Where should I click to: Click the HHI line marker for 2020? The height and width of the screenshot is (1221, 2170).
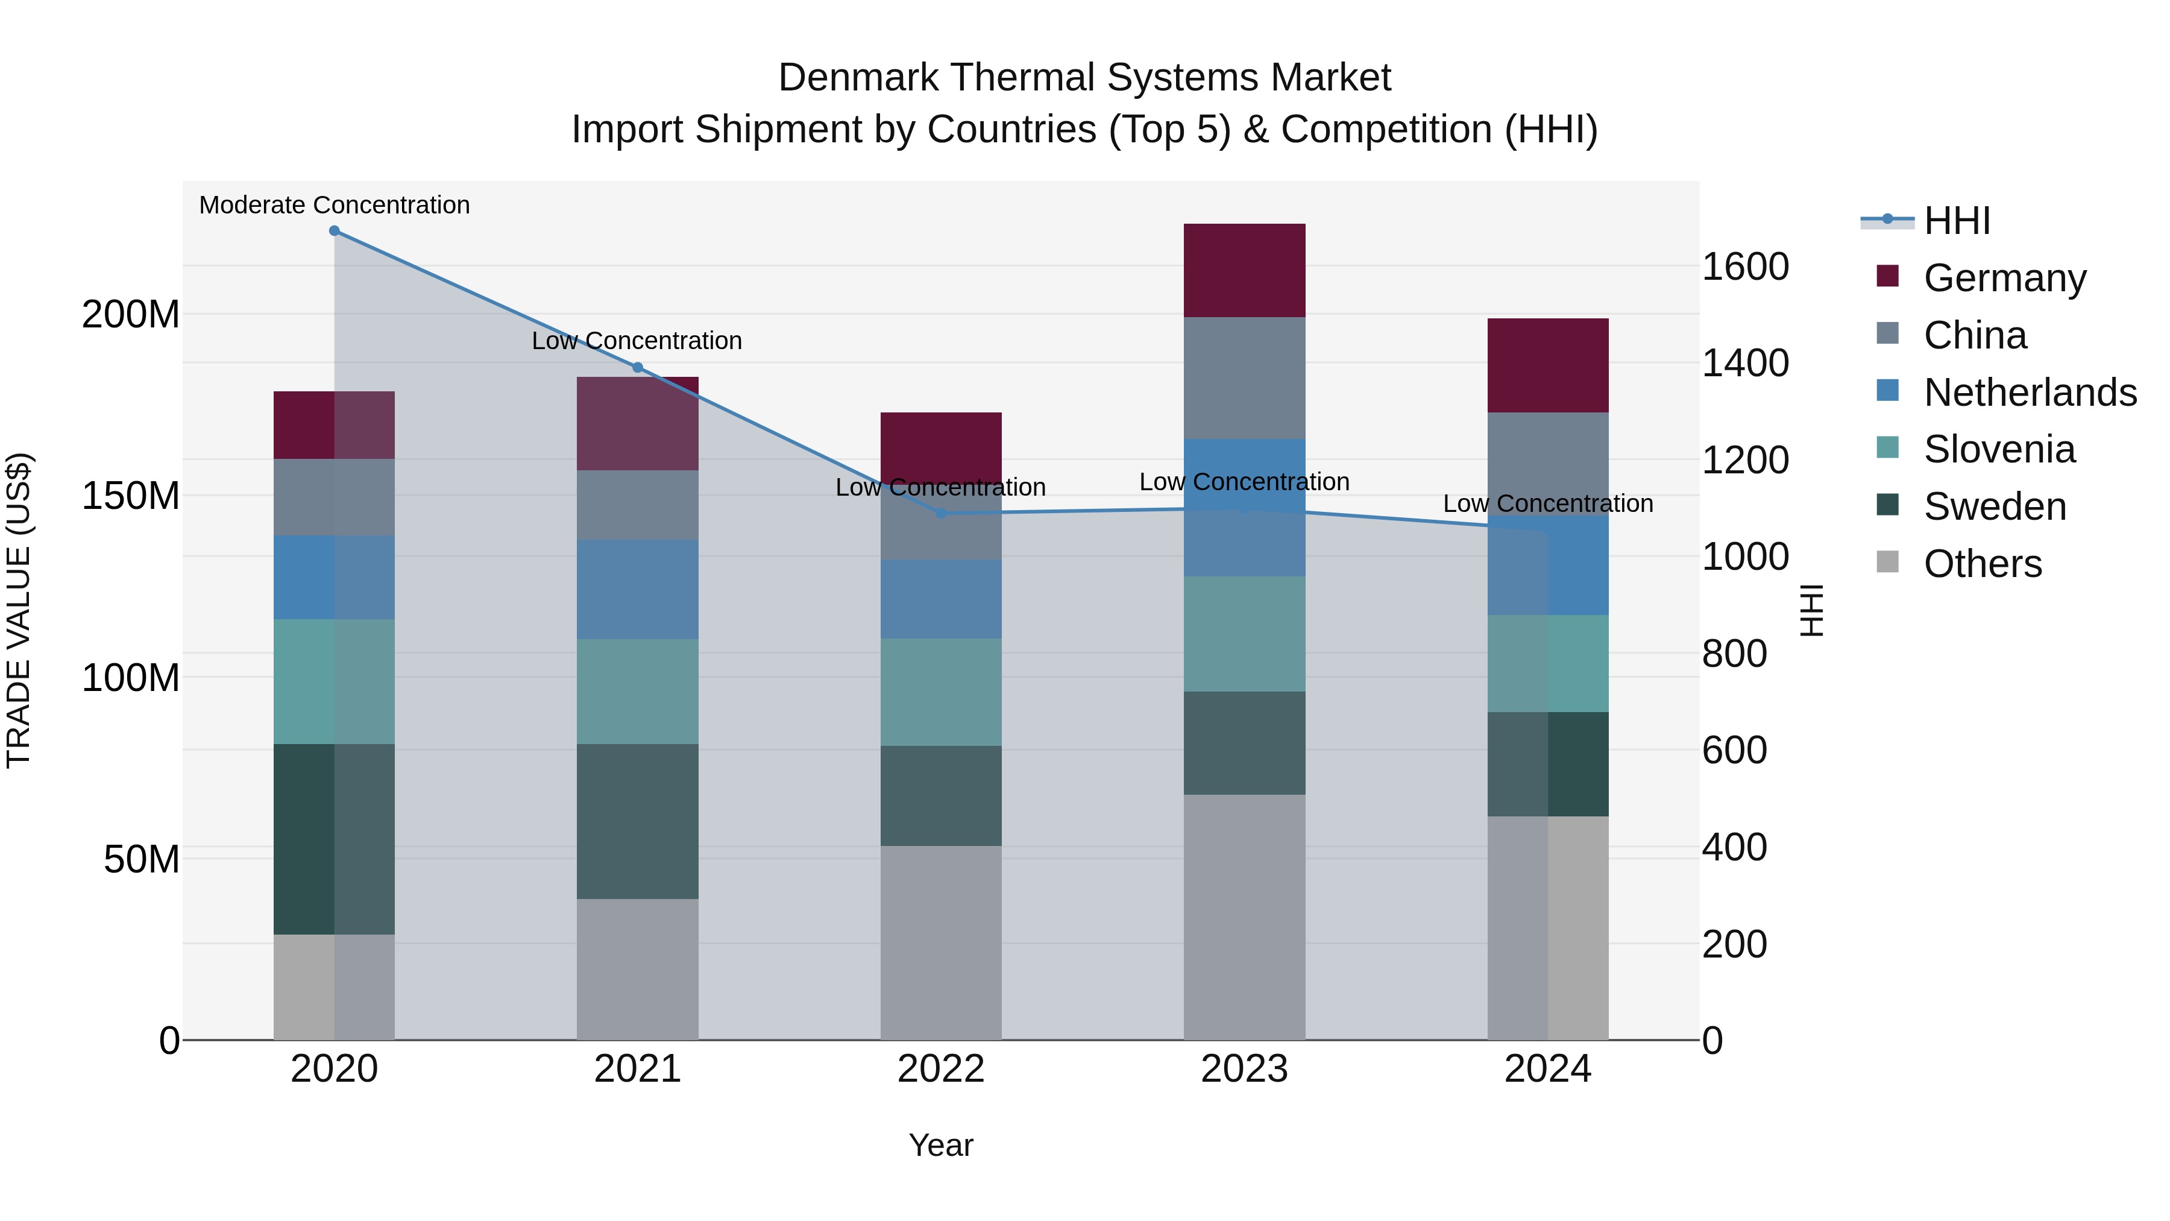pyautogui.click(x=335, y=231)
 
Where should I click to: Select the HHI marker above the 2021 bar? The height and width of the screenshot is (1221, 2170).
pyautogui.click(x=638, y=367)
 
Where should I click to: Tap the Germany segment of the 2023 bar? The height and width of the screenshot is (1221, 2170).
pyautogui.click(x=1244, y=271)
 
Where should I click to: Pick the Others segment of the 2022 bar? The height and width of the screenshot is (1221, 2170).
pyautogui.click(x=941, y=942)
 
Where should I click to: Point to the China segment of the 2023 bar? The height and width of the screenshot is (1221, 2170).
pyautogui.click(x=1244, y=377)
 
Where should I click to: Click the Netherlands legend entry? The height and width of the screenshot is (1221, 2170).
pyautogui.click(x=2030, y=393)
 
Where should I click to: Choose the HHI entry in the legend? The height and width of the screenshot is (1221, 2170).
pyautogui.click(x=1957, y=221)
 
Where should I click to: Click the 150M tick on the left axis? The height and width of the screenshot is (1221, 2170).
pyautogui.click(x=131, y=496)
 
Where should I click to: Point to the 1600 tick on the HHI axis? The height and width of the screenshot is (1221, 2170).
pyautogui.click(x=1746, y=267)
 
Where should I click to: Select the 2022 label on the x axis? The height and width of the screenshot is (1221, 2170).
pyautogui.click(x=941, y=1069)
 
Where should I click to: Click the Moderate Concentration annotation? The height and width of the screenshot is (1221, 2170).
pyautogui.click(x=335, y=205)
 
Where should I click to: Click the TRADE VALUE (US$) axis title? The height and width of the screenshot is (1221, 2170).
pyautogui.click(x=19, y=610)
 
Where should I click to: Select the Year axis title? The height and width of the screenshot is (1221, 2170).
pyautogui.click(x=941, y=1145)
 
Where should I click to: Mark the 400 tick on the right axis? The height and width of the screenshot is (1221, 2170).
pyautogui.click(x=1734, y=847)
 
